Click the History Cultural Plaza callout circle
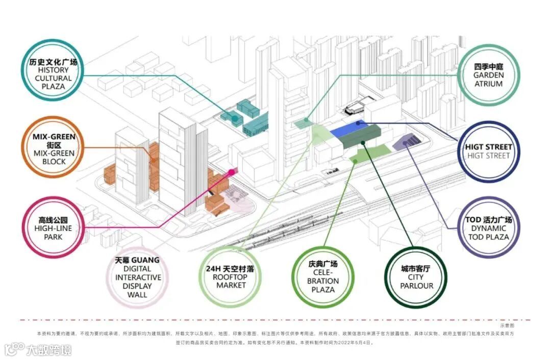click(53, 74)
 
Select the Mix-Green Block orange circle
click(53, 149)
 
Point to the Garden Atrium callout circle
click(488, 74)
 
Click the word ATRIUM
click(488, 84)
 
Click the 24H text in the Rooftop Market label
click(212, 268)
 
